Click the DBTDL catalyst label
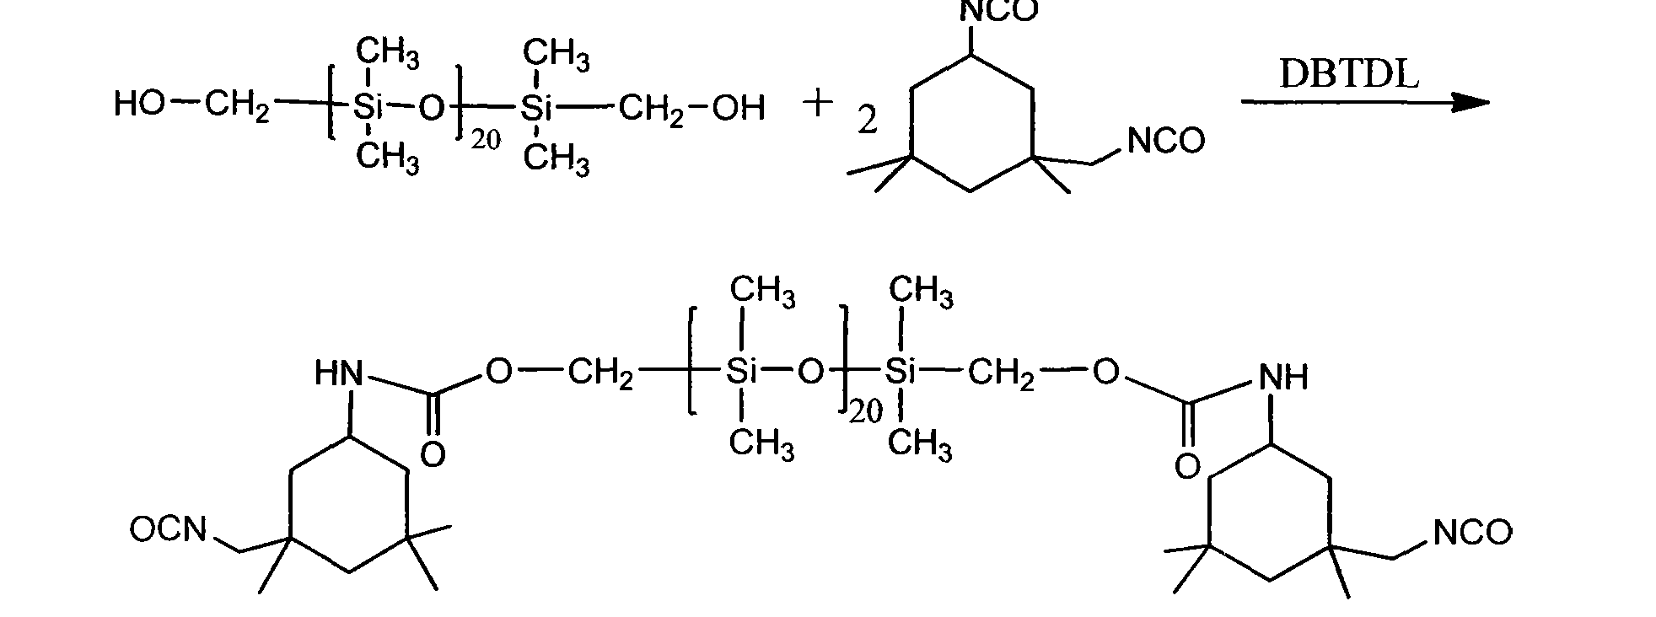click(x=1349, y=74)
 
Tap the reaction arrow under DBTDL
click(x=1365, y=103)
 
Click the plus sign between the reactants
click(x=817, y=105)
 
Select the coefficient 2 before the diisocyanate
click(x=868, y=122)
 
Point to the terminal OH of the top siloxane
click(x=739, y=108)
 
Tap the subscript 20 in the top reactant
click(x=486, y=141)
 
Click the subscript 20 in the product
click(x=865, y=412)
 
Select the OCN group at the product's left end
click(x=168, y=530)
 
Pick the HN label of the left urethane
click(x=339, y=373)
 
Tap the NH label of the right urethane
click(x=1282, y=377)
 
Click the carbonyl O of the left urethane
click(x=433, y=455)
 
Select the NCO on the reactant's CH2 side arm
click(x=1166, y=141)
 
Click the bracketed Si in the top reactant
click(x=368, y=107)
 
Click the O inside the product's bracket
click(x=810, y=371)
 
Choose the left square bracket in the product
click(x=691, y=361)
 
